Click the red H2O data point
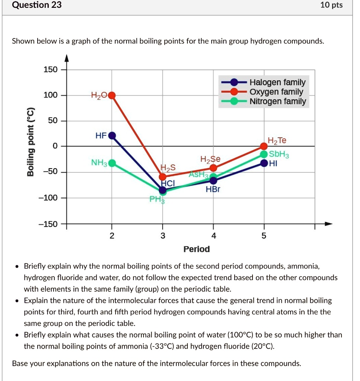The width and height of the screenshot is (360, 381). click(x=112, y=95)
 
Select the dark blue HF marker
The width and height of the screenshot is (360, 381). click(x=112, y=135)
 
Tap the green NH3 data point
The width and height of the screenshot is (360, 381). click(x=112, y=163)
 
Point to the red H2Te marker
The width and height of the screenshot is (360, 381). click(x=264, y=147)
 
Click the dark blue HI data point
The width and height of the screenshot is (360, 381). click(x=264, y=163)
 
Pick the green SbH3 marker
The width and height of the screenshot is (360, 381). click(x=264, y=154)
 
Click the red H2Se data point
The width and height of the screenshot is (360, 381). click(x=213, y=168)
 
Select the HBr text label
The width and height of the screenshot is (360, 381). click(x=213, y=189)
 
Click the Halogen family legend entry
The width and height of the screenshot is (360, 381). click(x=277, y=82)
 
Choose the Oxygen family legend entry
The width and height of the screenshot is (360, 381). click(x=276, y=92)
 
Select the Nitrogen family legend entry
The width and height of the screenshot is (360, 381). click(x=278, y=101)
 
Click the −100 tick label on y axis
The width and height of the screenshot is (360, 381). click(x=49, y=198)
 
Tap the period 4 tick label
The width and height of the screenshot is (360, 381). click(x=213, y=236)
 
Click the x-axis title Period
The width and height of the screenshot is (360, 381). click(x=196, y=249)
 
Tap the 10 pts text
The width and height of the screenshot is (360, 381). click(x=331, y=5)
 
